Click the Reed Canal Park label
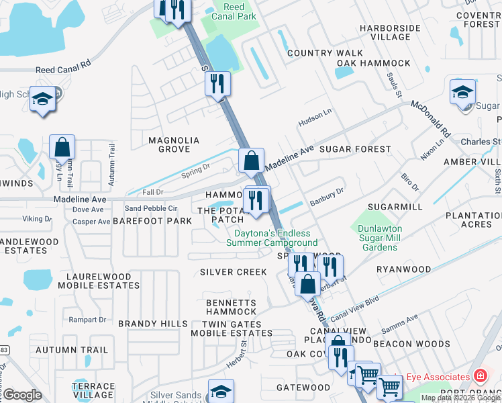pyautogui.click(x=234, y=11)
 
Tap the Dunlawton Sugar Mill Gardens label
pyautogui.click(x=380, y=238)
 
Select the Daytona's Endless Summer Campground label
pyautogui.click(x=275, y=238)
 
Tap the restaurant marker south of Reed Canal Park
pyautogui.click(x=217, y=84)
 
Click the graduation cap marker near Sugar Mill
pyautogui.click(x=462, y=92)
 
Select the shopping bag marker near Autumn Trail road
pyautogui.click(x=62, y=148)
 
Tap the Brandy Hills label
pyautogui.click(x=153, y=324)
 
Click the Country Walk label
pyautogui.click(x=319, y=53)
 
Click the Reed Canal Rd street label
pyautogui.click(x=63, y=69)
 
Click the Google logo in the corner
pyautogui.click(x=22, y=395)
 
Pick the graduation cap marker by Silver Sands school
pyautogui.click(x=220, y=391)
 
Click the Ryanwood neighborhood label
pyautogui.click(x=403, y=269)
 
